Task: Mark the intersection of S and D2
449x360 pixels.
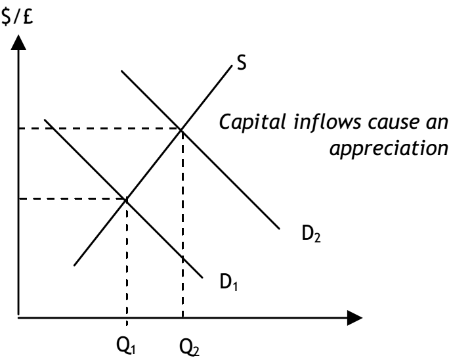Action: [x=182, y=129]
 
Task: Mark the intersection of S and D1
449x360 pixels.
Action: [x=126, y=198]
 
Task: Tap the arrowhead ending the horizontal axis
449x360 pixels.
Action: [x=354, y=320]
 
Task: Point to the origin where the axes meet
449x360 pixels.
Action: [x=18, y=320]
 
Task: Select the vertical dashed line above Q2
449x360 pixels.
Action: [x=182, y=223]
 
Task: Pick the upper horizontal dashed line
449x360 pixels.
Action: [x=98, y=129]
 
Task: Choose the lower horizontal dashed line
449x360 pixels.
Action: [x=72, y=198]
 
